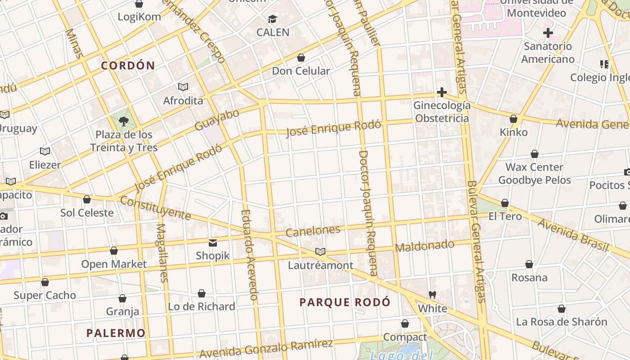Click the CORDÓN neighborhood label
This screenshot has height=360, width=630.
pyautogui.click(x=128, y=66)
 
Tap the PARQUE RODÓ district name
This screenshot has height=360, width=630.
pyautogui.click(x=345, y=302)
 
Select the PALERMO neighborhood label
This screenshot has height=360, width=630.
pyautogui.click(x=116, y=333)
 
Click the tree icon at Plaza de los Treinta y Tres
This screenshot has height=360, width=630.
pyautogui.click(x=123, y=121)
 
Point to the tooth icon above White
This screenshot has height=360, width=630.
pyautogui.click(x=432, y=295)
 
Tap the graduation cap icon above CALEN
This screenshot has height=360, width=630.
pyautogui.click(x=273, y=19)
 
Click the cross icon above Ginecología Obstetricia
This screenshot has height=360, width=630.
pyautogui.click(x=442, y=92)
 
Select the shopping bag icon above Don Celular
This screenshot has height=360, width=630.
pyautogui.click(x=301, y=58)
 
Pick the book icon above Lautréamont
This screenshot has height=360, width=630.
pyautogui.click(x=320, y=252)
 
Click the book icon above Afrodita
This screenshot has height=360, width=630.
pyautogui.click(x=183, y=87)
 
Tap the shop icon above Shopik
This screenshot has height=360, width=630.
pyautogui.click(x=213, y=243)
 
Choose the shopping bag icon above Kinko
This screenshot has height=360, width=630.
pyautogui.click(x=513, y=119)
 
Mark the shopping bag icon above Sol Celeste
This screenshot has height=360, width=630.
pyautogui.click(x=87, y=199)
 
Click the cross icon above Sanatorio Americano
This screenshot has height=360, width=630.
pyautogui.click(x=548, y=32)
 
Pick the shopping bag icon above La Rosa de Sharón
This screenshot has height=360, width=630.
pyautogui.click(x=562, y=309)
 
